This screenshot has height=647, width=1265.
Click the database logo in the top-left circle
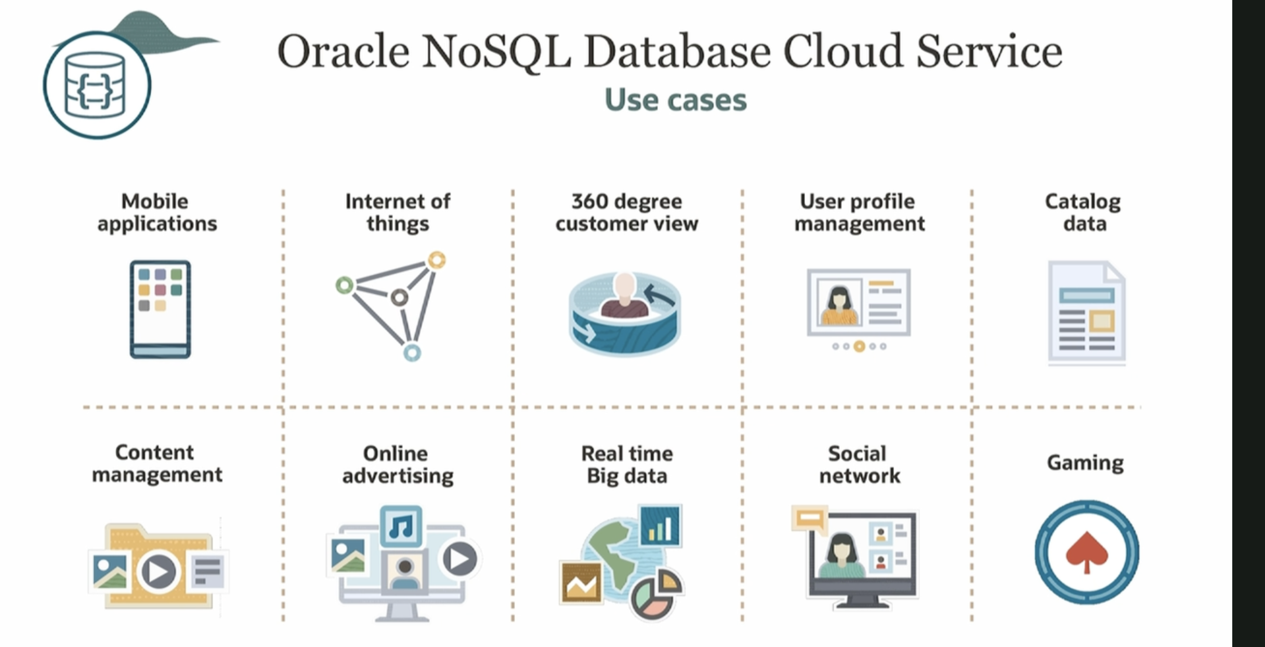point(97,85)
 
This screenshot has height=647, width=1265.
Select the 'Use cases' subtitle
point(676,100)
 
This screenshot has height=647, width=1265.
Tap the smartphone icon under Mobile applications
point(160,309)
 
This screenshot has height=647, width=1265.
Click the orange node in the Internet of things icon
point(437,260)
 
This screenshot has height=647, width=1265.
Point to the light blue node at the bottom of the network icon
point(412,353)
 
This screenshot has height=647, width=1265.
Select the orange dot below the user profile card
point(860,346)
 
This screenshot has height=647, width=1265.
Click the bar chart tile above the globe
point(661,525)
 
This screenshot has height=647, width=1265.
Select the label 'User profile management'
point(859,212)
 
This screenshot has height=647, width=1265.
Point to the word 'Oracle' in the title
point(343,52)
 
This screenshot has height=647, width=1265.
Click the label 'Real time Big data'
point(627,465)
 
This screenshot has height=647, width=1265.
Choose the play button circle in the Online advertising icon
point(459,559)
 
